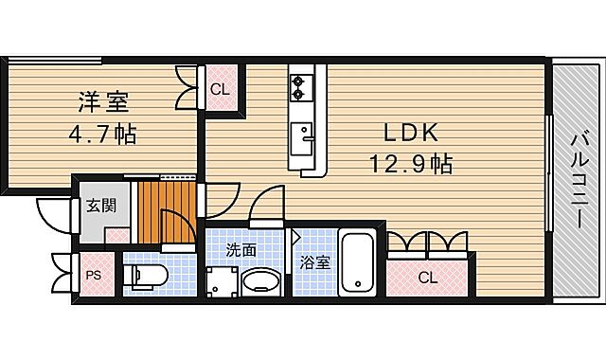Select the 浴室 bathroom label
315,261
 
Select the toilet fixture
148,276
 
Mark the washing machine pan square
224,281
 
